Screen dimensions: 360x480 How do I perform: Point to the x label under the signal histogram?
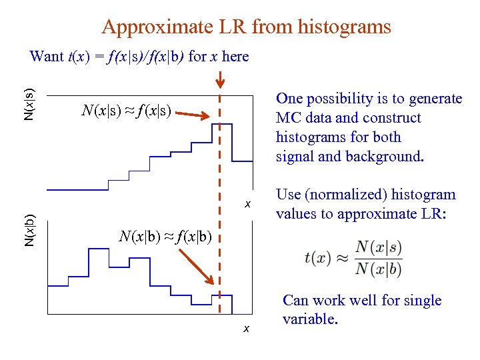[x=247, y=203]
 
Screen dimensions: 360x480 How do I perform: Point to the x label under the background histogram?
[x=246, y=328]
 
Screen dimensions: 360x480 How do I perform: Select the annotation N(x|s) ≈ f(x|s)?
[x=127, y=111]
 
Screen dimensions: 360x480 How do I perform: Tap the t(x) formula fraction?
[x=353, y=258]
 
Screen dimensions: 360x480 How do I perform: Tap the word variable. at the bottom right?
[x=310, y=319]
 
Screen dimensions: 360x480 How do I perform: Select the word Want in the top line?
[x=46, y=56]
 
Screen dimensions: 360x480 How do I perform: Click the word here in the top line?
[x=235, y=56]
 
